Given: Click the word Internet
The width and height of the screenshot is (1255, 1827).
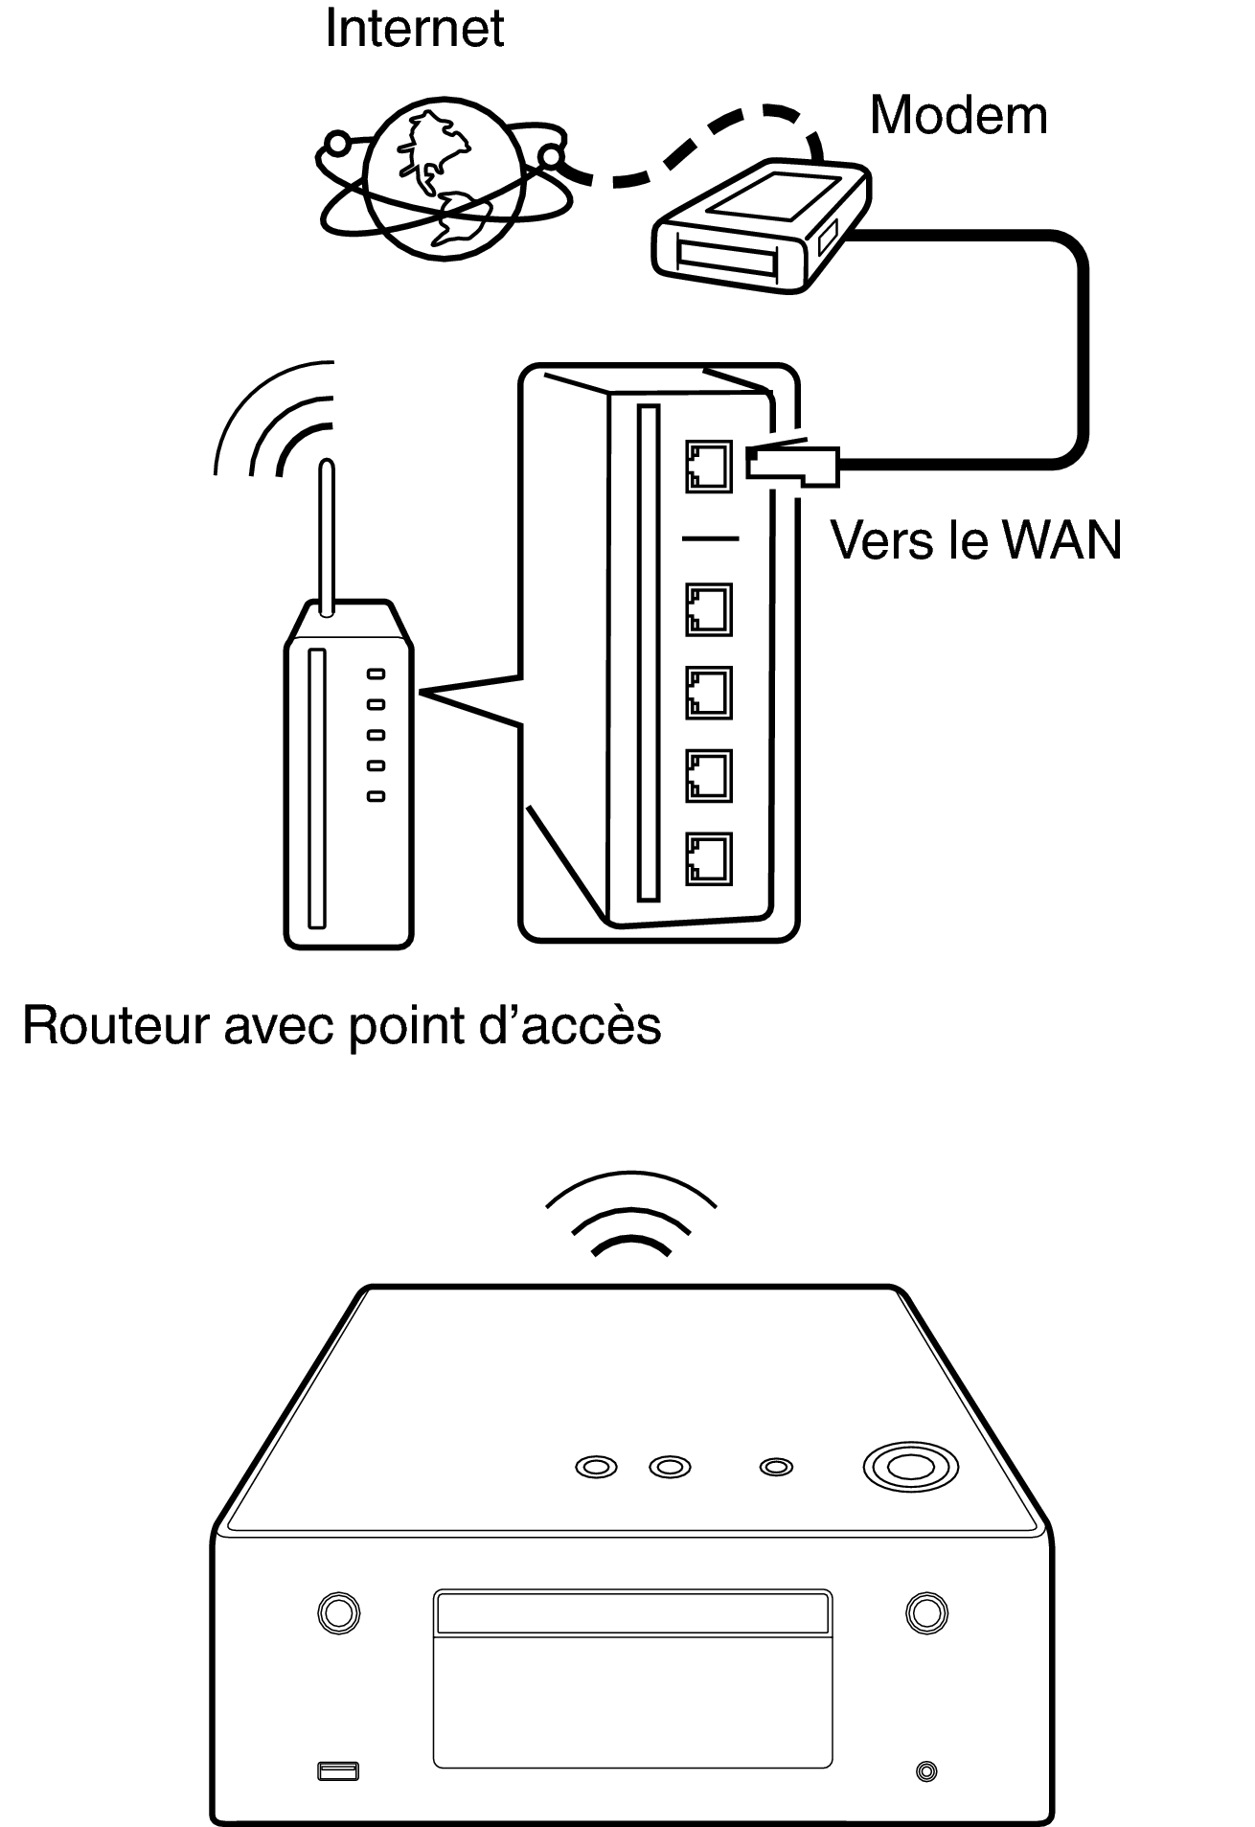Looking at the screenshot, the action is point(414,28).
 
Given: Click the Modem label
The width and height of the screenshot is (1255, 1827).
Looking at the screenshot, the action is point(958,116).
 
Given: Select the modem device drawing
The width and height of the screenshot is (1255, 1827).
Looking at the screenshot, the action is point(762,226).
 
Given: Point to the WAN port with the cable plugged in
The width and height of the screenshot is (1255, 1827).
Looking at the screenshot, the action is point(709,467).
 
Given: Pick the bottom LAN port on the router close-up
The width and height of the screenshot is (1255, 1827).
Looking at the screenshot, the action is point(709,858).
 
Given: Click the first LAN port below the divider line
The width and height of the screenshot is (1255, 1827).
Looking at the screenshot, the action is point(709,610).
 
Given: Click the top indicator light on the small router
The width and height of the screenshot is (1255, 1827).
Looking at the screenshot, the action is point(376,674).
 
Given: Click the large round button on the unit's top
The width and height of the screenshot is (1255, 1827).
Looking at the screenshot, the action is point(910,1467).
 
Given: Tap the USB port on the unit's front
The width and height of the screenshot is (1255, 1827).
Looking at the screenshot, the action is point(338,1771).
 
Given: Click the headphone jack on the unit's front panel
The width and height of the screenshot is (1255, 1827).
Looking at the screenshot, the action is point(926,1771).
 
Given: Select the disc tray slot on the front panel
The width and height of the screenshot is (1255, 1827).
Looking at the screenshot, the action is point(632,1613).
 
